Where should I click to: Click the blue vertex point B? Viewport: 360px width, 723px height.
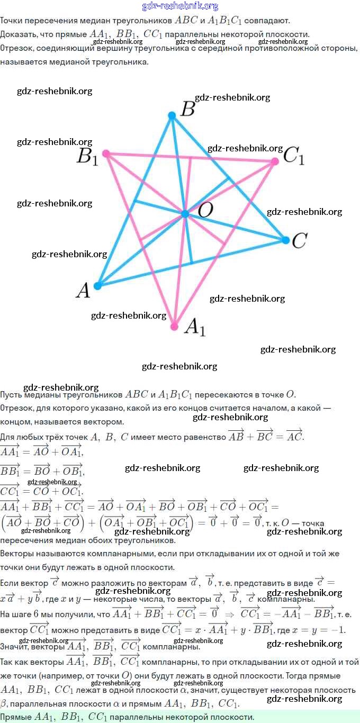(172, 115)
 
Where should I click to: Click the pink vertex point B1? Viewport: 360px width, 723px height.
(106, 153)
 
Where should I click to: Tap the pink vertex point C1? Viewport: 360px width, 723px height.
(274, 161)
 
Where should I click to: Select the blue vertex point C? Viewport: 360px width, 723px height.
(286, 240)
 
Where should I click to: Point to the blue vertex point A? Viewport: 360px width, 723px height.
(97, 286)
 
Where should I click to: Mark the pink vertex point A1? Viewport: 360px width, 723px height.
(174, 327)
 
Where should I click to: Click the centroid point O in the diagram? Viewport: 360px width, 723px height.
(185, 214)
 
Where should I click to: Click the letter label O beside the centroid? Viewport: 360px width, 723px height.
(205, 211)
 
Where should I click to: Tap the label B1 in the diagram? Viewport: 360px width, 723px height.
(87, 157)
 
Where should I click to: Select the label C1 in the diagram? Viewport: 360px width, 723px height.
(294, 156)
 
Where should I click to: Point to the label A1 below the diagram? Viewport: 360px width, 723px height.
(194, 328)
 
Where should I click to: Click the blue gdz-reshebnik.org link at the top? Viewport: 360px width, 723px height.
(180, 6)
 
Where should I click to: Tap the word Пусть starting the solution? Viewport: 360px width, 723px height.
(11, 395)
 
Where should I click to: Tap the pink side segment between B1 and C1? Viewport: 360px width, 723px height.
(191, 158)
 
